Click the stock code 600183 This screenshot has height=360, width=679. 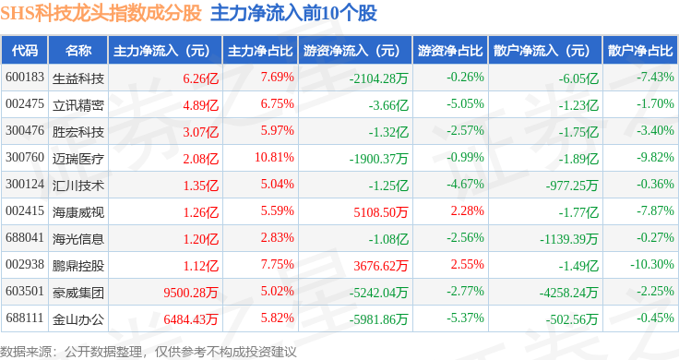pos(25,78)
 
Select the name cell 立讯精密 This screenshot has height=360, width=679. pos(77,105)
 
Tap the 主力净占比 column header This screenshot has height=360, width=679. pos(260,51)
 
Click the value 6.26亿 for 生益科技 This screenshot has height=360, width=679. pos(200,78)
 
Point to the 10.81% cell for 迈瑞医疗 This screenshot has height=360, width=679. pos(274,157)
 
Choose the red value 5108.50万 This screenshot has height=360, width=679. pos(381,212)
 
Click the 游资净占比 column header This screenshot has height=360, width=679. pos(450,51)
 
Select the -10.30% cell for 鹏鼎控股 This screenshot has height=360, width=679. pos(652,264)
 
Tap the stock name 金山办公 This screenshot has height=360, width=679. pos(77,319)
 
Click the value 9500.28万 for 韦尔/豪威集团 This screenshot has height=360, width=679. pos(191,293)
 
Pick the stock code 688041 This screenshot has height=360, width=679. pos(25,238)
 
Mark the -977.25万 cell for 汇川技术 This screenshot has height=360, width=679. pos(572,186)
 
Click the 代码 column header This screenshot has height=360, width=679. pos(25,51)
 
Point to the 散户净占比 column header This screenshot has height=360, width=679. pos(640,51)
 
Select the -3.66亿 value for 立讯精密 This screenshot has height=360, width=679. pos(388,105)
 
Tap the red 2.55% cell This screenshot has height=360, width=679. pos(467,264)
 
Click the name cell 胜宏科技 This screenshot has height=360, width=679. pos(77,132)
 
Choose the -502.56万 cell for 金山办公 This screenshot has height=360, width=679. pos(572,319)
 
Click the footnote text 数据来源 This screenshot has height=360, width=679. pos(26,352)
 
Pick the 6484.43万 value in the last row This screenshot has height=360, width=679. pos(191,319)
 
